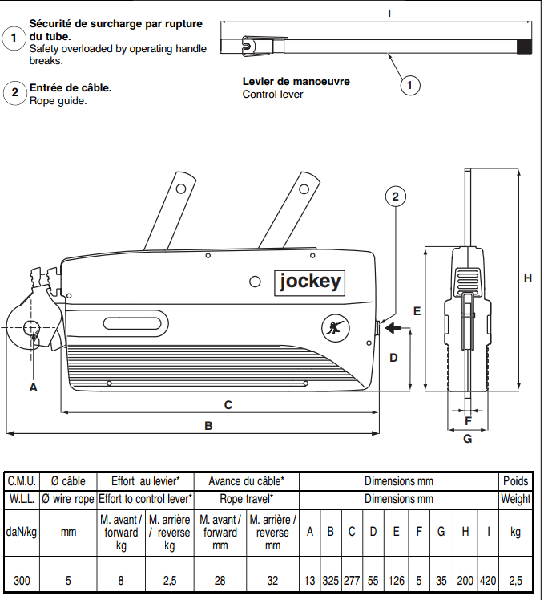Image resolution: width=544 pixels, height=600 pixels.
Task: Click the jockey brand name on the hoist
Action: click(310, 282)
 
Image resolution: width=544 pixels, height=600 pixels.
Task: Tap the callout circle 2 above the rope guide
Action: click(395, 195)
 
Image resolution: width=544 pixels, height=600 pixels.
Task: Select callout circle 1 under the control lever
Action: click(409, 84)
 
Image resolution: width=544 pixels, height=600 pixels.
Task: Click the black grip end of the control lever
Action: click(524, 47)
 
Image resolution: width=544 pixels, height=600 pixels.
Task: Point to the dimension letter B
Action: click(208, 426)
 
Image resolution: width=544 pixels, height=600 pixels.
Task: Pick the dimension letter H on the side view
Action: click(527, 278)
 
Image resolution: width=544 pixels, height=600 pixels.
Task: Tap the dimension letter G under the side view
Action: click(467, 438)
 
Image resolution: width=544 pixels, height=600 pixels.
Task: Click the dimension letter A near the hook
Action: click(33, 387)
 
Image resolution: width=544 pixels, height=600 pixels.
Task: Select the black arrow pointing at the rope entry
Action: click(396, 327)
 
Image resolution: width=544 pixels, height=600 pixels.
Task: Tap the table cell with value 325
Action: click(330, 580)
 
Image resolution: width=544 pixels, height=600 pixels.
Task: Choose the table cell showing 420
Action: click(488, 580)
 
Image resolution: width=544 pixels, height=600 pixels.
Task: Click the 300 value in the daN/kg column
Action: click(22, 580)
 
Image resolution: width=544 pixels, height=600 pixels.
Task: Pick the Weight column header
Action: click(515, 499)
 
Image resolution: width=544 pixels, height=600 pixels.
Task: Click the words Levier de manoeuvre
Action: click(296, 82)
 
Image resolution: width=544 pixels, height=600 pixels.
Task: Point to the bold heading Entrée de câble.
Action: click(71, 87)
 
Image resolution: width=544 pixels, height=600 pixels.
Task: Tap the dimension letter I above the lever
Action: click(388, 13)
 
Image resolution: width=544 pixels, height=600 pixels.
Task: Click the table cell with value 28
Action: click(220, 580)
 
